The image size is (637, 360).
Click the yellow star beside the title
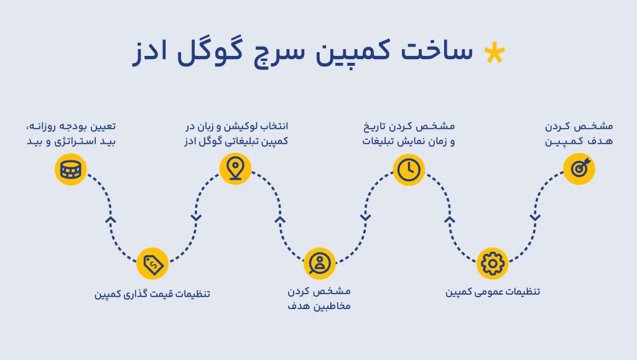(x=495, y=53)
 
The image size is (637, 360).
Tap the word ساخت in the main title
(x=437, y=50)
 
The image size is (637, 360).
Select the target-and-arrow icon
(x=579, y=169)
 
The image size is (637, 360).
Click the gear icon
(x=493, y=264)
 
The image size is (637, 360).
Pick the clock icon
(x=409, y=170)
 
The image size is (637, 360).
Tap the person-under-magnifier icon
(x=320, y=264)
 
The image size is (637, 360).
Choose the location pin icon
(x=235, y=169)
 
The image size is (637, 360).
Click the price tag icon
(x=152, y=264)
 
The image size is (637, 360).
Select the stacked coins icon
(x=71, y=170)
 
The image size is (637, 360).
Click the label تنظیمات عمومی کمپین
(x=493, y=292)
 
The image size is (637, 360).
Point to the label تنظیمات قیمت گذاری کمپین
(x=152, y=293)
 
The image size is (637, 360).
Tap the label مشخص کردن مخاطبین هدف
(x=319, y=298)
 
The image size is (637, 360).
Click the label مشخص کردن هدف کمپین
(x=579, y=134)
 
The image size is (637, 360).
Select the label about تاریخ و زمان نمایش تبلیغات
(x=409, y=134)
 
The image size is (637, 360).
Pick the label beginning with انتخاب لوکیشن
(x=236, y=134)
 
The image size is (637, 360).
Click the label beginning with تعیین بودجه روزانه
(x=71, y=134)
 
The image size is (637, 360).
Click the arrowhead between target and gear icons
(x=535, y=218)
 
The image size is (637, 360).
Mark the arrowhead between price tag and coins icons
(x=111, y=219)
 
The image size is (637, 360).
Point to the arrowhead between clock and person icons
(x=365, y=218)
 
